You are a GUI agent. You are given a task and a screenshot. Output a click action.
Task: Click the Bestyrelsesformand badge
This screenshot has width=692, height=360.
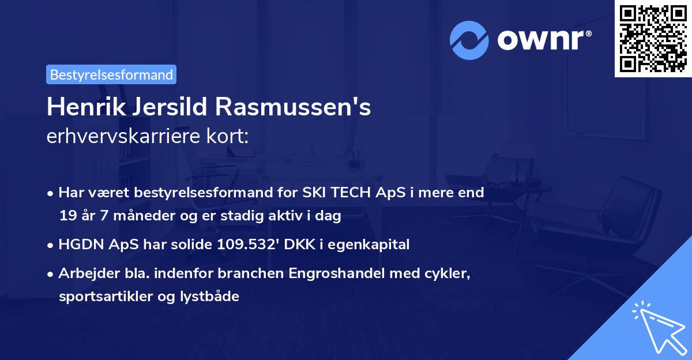(x=111, y=74)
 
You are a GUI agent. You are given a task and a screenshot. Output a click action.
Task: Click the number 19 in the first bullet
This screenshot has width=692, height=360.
(x=67, y=216)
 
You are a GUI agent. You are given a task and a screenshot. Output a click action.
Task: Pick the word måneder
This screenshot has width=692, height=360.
(x=140, y=216)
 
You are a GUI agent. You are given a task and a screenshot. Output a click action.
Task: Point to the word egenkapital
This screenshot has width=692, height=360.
(x=373, y=244)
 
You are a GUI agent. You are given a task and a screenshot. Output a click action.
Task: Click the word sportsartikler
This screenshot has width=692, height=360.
(x=101, y=297)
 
